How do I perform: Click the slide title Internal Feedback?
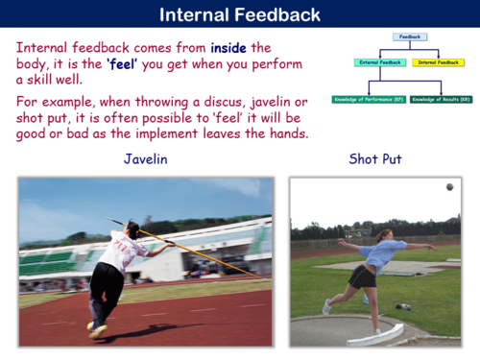[x=240, y=14]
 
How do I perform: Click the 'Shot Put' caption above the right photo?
[x=375, y=160]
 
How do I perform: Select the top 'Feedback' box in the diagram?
[x=409, y=37]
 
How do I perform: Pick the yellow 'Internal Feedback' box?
[x=438, y=62]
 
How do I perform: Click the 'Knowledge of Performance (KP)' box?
[x=369, y=99]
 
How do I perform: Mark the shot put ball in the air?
[x=449, y=187]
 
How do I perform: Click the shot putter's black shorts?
[x=362, y=276]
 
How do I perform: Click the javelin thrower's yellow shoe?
[x=97, y=330]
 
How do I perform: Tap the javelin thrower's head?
[x=133, y=230]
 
